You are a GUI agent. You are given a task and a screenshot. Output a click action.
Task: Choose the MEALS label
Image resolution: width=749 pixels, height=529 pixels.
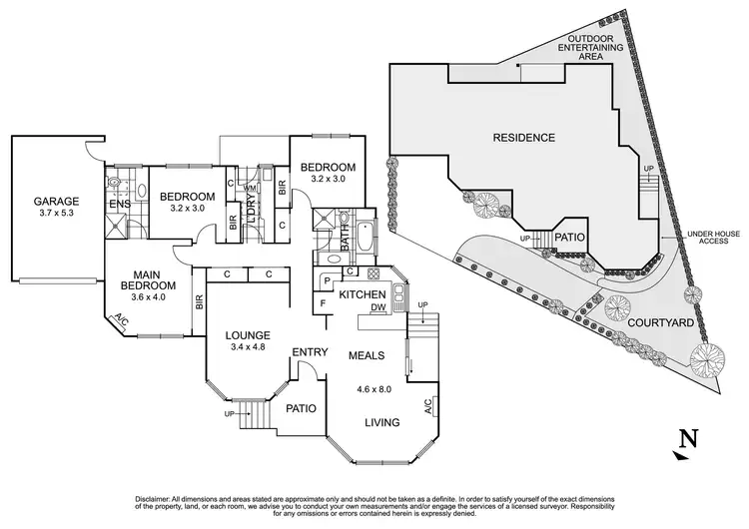pos(369,355)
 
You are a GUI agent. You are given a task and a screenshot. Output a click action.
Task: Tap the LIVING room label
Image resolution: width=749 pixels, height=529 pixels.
pos(383,422)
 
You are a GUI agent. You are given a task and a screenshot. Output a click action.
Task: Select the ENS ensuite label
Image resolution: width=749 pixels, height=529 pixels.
pos(119,206)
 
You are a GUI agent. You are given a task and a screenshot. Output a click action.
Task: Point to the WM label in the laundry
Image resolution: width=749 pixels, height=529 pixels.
pos(247,188)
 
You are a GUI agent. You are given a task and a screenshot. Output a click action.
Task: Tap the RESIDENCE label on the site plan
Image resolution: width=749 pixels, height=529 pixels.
pos(523,136)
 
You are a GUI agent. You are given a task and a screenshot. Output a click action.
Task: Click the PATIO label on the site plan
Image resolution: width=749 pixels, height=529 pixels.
pos(567,238)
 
